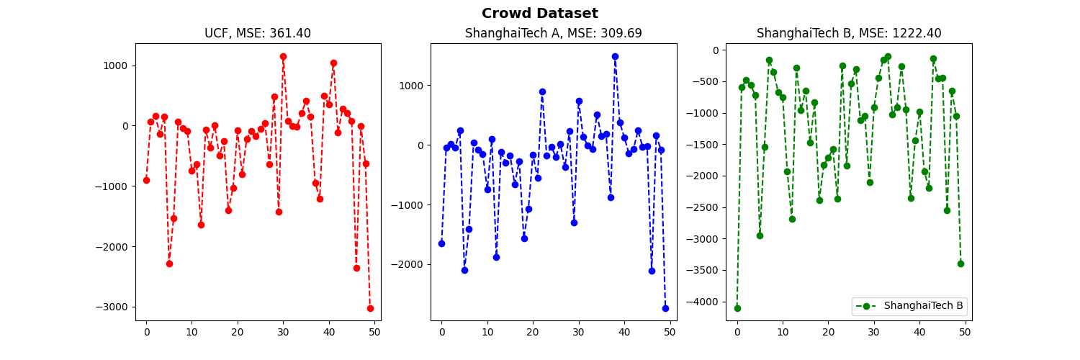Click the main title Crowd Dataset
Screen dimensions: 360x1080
coord(539,14)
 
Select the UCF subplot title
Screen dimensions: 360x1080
coord(258,33)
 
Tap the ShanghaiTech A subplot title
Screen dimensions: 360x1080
coord(553,33)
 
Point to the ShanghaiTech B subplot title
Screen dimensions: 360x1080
coord(848,33)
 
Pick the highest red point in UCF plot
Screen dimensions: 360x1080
coord(283,56)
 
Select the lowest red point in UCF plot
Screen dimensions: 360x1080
coord(370,308)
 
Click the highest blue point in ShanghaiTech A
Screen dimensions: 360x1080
coord(615,56)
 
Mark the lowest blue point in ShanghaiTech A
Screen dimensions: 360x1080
coord(665,308)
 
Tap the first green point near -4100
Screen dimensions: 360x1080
coord(737,308)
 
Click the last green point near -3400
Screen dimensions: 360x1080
coord(960,264)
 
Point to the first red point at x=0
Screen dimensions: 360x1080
coord(146,180)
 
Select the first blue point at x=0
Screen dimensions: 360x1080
coord(441,243)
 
